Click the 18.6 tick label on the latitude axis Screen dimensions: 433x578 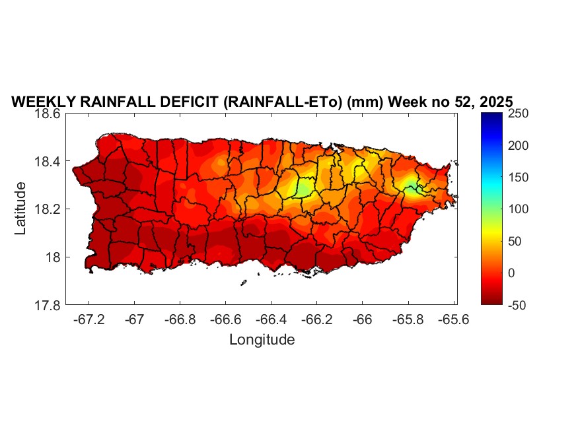pyautogui.click(x=48, y=114)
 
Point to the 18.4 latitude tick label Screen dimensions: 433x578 pyautogui.click(x=48, y=162)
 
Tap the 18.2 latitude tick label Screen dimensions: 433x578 pyautogui.click(x=48, y=209)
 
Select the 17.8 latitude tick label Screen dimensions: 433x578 pyautogui.click(x=48, y=305)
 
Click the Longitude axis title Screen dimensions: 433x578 pyautogui.click(x=262, y=340)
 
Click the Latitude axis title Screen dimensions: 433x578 pyautogui.click(x=20, y=209)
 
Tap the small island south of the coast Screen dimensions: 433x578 pyautogui.click(x=243, y=283)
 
